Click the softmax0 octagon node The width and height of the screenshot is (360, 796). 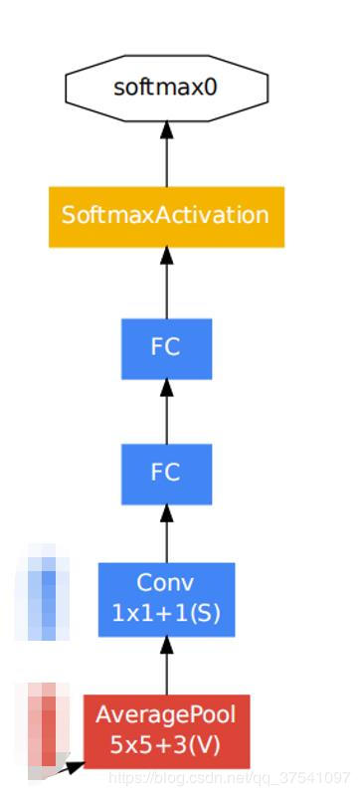(166, 88)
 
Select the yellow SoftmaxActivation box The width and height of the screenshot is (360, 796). (166, 215)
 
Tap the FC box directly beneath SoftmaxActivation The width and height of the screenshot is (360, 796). (166, 348)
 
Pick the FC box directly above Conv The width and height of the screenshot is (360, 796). (166, 473)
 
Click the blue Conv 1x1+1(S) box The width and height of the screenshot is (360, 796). (166, 599)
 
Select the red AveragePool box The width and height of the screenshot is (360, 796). (166, 730)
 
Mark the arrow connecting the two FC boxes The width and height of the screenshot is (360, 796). (166, 410)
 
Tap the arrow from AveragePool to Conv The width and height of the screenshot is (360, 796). (166, 665)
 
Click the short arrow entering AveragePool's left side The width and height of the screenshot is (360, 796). (70, 766)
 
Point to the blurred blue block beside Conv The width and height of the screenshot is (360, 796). (42, 594)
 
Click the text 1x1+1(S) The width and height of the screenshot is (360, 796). (166, 614)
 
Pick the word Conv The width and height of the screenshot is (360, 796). (166, 583)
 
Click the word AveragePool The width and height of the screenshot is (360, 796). (166, 714)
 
